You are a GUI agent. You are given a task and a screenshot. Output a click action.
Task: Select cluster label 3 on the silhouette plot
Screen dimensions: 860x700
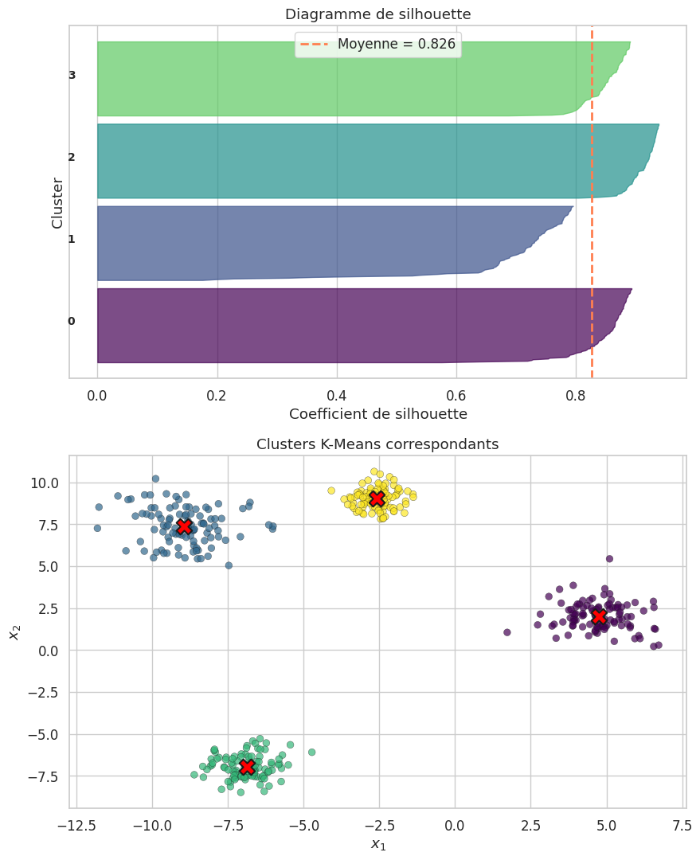coord(72,76)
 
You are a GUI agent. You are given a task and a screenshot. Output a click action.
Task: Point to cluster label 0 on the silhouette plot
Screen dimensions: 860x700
coord(72,321)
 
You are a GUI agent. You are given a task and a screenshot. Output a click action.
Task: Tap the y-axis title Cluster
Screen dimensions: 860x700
coord(57,202)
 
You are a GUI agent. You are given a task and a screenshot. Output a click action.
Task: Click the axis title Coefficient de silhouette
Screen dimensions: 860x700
coord(377,414)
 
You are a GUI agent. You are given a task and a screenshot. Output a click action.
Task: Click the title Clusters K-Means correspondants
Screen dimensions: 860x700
coord(377,444)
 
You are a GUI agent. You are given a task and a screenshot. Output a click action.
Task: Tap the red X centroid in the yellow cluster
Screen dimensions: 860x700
coord(377,498)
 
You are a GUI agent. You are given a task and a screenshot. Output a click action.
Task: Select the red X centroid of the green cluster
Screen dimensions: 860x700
coord(247,766)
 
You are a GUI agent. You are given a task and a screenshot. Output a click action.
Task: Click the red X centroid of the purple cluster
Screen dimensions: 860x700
coord(599,616)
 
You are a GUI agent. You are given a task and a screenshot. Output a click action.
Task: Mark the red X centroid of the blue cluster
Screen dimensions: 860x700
coord(184,526)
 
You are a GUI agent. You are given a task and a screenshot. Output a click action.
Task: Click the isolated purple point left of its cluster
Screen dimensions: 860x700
coord(506,632)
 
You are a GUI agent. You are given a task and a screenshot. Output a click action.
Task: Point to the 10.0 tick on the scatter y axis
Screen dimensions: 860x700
coord(45,483)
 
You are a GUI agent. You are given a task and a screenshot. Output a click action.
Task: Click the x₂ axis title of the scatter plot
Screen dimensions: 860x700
coord(14,632)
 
